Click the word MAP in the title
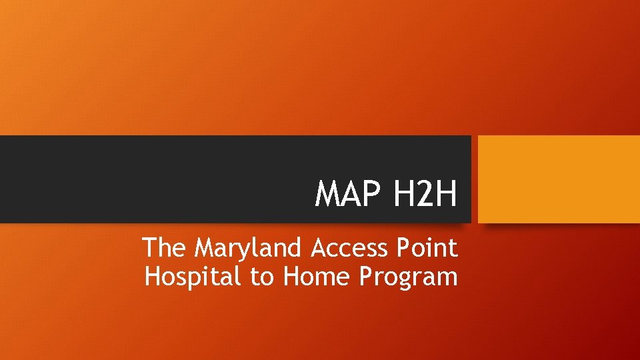point(347,194)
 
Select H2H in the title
point(425,194)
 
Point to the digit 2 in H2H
point(425,194)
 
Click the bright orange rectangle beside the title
point(559,179)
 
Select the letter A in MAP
point(351,194)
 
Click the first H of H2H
point(403,194)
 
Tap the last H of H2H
point(446,194)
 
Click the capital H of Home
point(291,276)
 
